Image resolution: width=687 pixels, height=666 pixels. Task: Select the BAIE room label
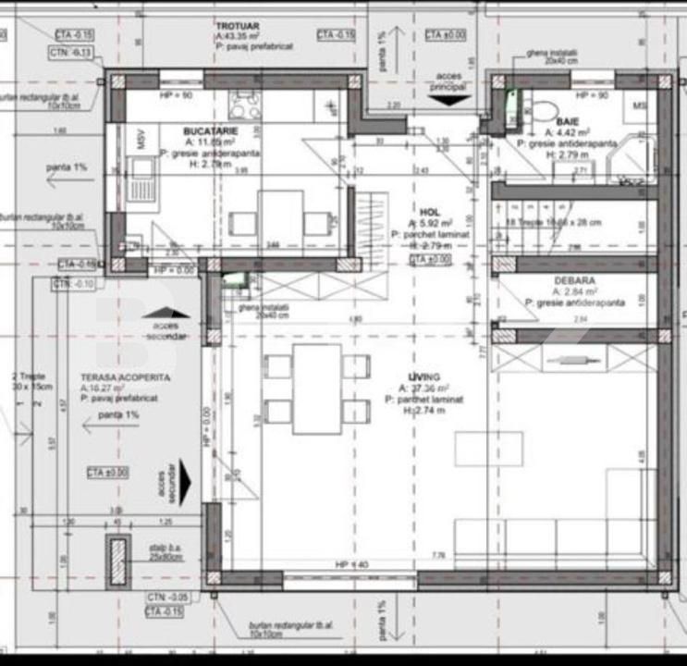(x=568, y=121)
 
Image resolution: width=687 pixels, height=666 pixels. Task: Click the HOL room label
(x=429, y=212)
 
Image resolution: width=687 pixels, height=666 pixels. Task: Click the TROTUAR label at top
(x=238, y=27)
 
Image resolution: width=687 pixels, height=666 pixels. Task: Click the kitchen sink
(x=143, y=178)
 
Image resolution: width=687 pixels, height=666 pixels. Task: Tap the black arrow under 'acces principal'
(x=445, y=100)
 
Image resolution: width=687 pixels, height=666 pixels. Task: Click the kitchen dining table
(x=280, y=223)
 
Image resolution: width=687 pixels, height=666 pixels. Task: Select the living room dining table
(x=317, y=388)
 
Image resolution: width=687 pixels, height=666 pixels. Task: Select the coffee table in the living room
(x=488, y=449)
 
